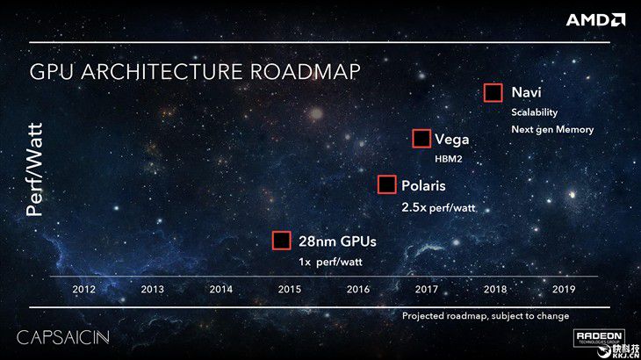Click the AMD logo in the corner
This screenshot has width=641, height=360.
coord(595,20)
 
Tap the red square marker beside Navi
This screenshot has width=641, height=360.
coord(493,93)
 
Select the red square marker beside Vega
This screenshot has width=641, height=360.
coord(421,139)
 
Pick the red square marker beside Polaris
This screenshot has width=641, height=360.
coord(386,184)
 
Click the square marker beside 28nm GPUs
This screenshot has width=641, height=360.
coord(282,241)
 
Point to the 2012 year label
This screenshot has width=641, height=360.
coord(83,289)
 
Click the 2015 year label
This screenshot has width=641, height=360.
coord(290,289)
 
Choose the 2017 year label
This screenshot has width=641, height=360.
coord(427,289)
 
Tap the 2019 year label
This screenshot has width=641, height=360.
coord(564,289)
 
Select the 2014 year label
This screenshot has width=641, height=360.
coord(220,289)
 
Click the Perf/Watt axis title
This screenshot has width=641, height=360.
coord(34,169)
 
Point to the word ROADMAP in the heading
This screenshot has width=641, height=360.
coord(305,71)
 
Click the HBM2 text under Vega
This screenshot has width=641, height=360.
coord(449,159)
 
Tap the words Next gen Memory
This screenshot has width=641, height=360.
coord(552,130)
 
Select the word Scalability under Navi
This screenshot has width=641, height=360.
coord(534,112)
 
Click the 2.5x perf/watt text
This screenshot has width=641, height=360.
coord(438,207)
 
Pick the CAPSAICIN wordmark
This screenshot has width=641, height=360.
coord(63,337)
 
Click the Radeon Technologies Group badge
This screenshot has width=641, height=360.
coord(599,338)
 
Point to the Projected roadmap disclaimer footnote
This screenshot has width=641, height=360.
coord(486,316)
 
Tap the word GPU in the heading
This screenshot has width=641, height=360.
coord(52,71)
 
